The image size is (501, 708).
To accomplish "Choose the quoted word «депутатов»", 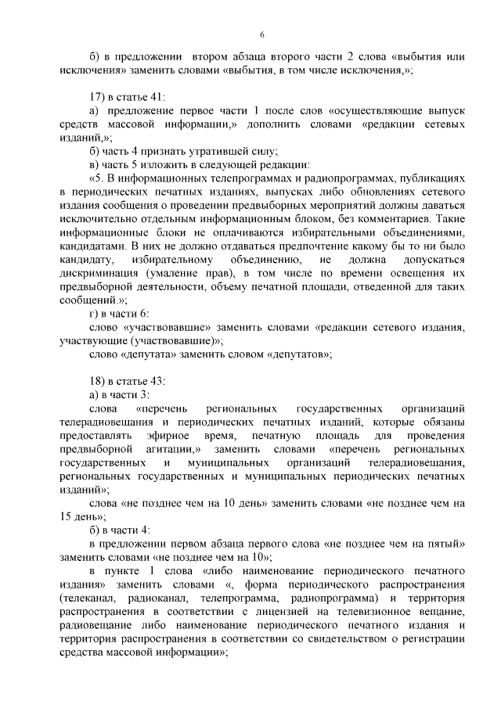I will coord(299,354).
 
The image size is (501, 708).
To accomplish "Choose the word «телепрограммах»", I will coord(224,179).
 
